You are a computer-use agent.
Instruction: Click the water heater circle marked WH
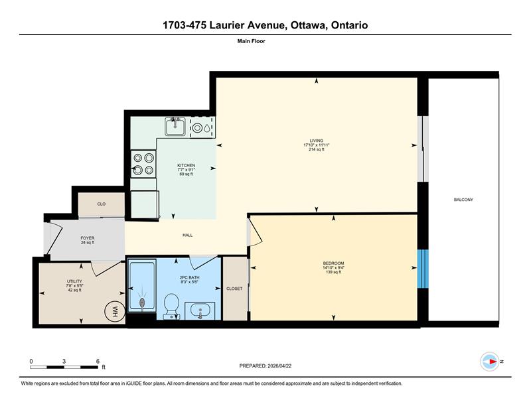[114, 311]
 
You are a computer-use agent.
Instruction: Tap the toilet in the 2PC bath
[171, 306]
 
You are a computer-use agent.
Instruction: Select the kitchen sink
[175, 126]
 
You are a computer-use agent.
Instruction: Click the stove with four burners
[143, 164]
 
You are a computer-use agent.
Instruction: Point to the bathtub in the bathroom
[142, 285]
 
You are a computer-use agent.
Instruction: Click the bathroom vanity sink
[200, 310]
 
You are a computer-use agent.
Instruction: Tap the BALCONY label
[463, 200]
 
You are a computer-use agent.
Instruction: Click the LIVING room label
[317, 141]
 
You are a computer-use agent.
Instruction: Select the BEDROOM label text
[333, 263]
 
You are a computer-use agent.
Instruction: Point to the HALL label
[187, 235]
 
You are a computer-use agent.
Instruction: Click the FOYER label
[88, 238]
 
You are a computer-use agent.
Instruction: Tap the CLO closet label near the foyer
[102, 204]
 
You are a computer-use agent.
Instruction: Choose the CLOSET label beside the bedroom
[234, 289]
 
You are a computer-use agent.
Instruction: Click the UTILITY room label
[74, 281]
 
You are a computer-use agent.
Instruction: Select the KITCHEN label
[187, 165]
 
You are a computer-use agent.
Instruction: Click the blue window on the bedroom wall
[423, 269]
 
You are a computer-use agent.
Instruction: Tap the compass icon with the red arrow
[490, 362]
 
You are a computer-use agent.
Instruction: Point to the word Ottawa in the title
[308, 25]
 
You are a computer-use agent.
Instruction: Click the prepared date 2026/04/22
[279, 366]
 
